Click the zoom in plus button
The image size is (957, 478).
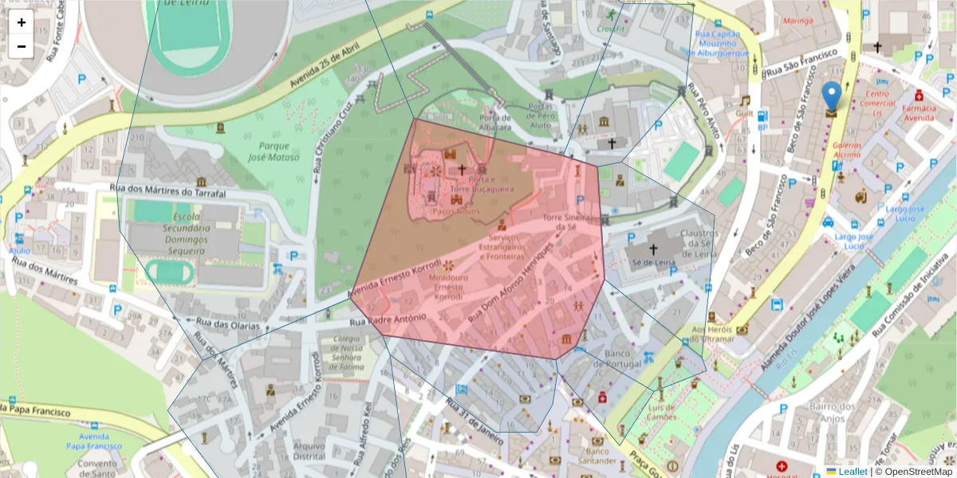[22, 22]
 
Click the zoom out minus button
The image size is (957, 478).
[22, 46]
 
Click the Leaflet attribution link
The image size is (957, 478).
[853, 471]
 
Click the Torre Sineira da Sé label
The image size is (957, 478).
[571, 221]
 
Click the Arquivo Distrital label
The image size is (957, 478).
[310, 452]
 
